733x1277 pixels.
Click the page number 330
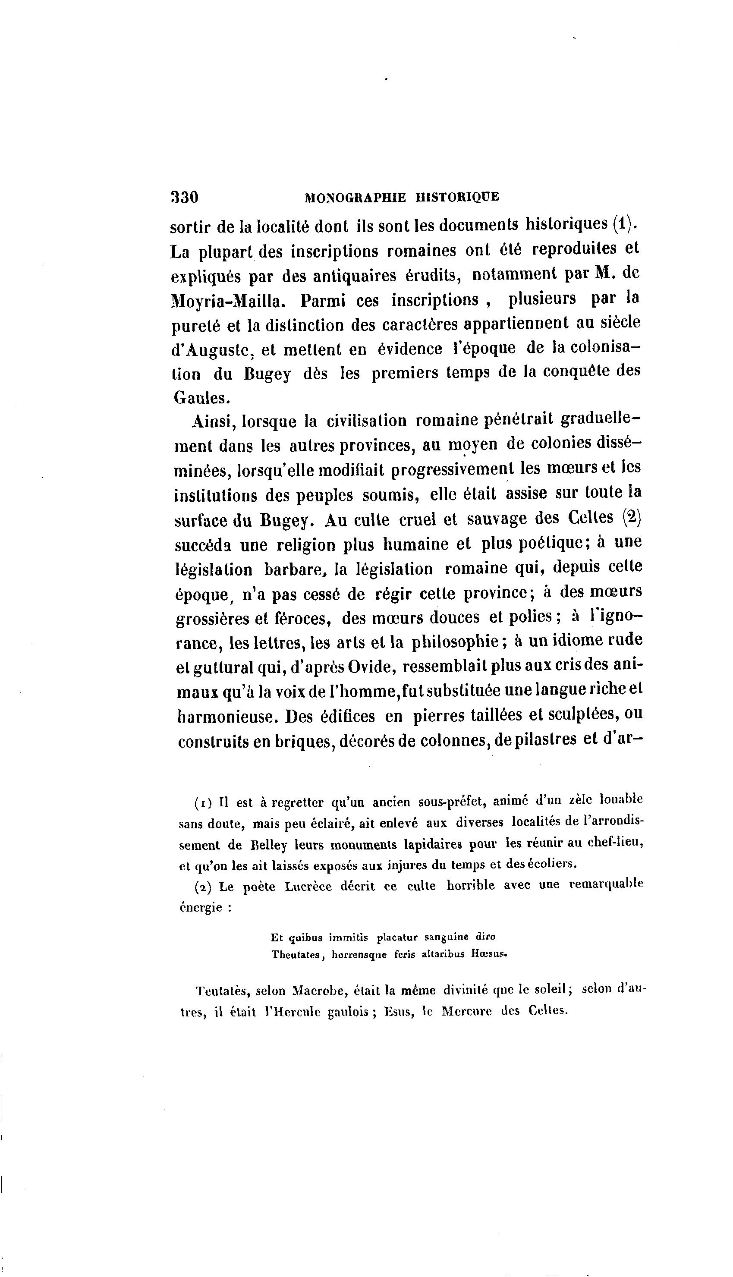[185, 196]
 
